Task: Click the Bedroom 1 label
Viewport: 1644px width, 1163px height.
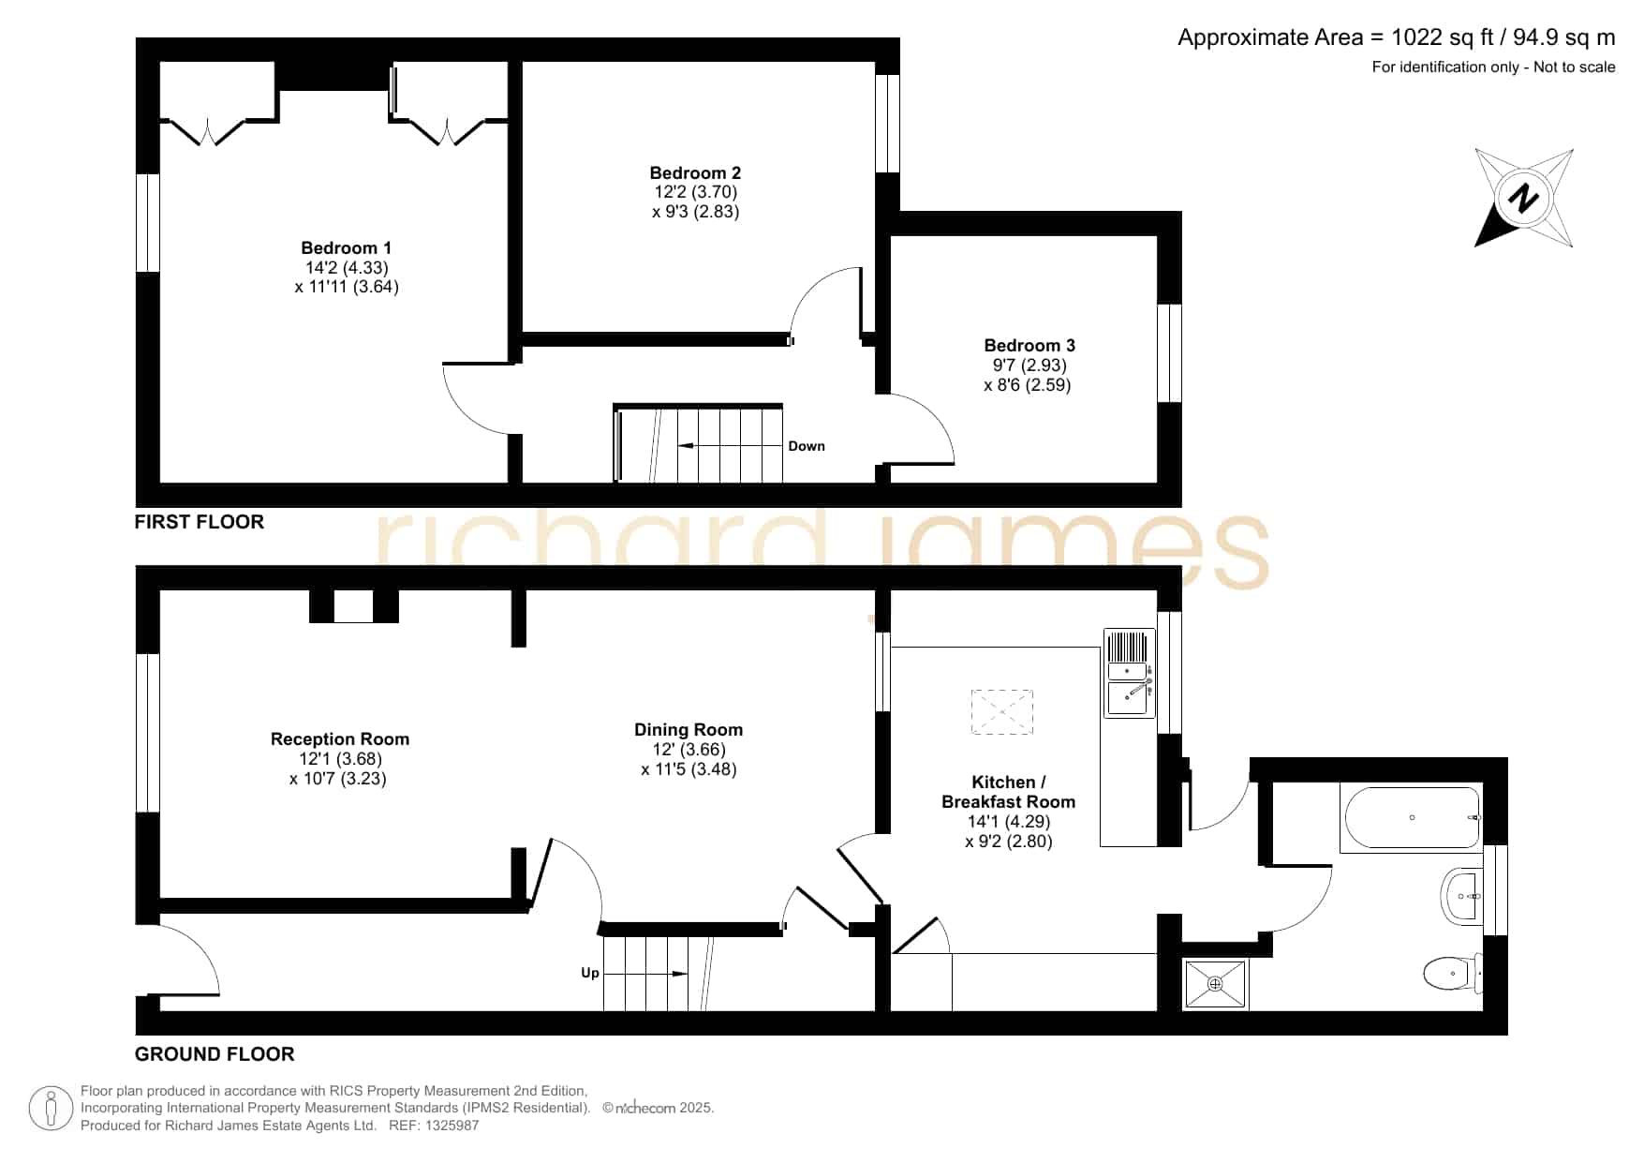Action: [347, 248]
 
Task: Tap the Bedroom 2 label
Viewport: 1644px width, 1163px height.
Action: [695, 173]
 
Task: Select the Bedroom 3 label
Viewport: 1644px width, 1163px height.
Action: [1029, 346]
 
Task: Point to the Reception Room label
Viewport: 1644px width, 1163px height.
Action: [340, 739]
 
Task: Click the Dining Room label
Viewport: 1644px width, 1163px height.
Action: [689, 730]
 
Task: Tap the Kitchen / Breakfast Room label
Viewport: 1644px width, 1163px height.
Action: [1009, 792]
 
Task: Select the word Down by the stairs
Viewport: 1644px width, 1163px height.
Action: [807, 446]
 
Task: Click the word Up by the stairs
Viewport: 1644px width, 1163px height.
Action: [590, 973]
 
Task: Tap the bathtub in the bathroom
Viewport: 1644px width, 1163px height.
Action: [1412, 818]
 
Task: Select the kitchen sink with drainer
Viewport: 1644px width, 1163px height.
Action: [1130, 673]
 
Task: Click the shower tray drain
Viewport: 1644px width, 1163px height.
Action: [1216, 984]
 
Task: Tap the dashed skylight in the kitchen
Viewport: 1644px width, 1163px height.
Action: [1002, 712]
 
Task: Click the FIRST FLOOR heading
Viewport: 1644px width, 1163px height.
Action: [200, 522]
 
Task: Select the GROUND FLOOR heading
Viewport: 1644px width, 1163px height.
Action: [215, 1054]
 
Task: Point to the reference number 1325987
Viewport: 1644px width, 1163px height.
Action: [453, 1126]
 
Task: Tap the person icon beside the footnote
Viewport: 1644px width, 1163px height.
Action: [51, 1109]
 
